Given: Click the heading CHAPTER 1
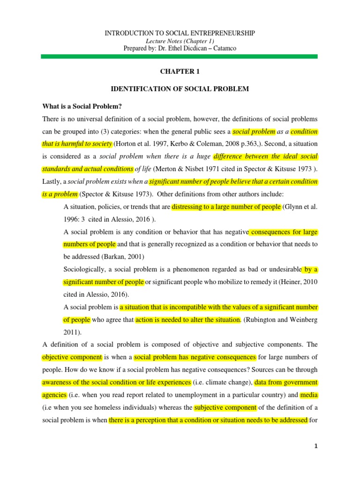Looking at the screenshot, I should click(x=180, y=71).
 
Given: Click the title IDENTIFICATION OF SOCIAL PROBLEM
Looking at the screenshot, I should click(x=180, y=89).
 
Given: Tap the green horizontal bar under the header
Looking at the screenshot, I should click(x=180, y=56).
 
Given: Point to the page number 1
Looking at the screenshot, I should click(x=316, y=446).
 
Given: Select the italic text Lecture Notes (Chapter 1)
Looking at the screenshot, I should click(x=180, y=41).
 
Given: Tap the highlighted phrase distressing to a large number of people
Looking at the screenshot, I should click(x=226, y=207).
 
